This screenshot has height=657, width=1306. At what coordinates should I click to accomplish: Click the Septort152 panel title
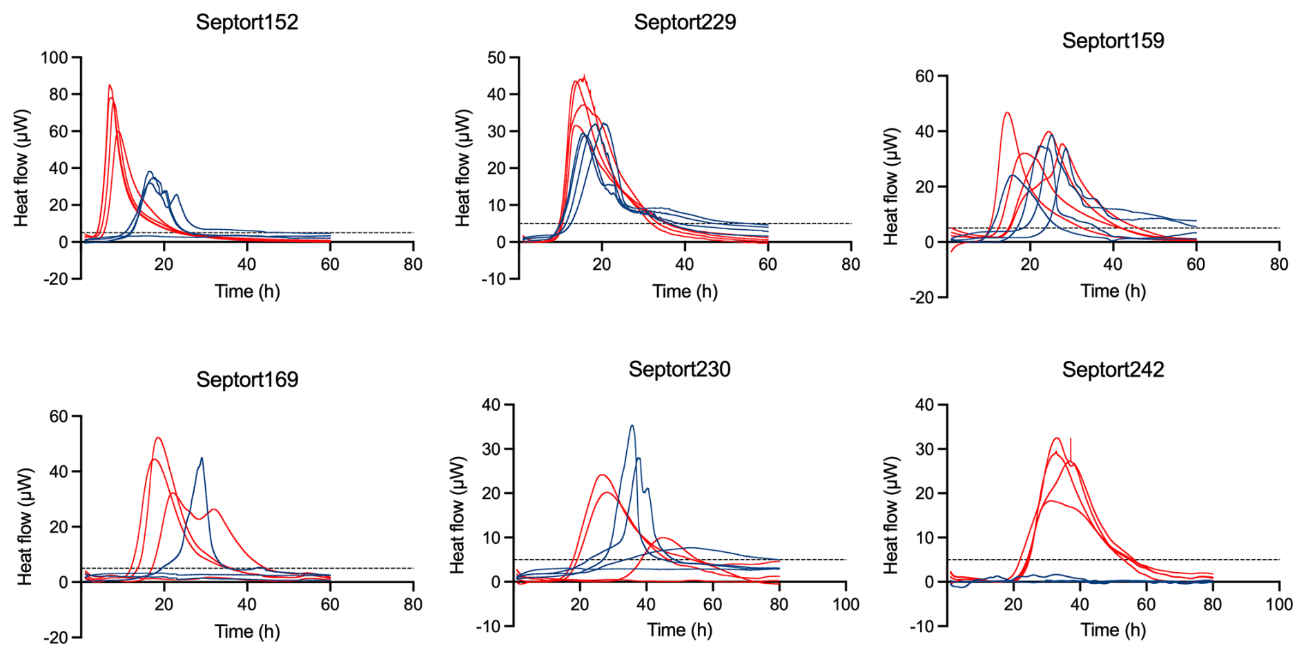pyautogui.click(x=247, y=22)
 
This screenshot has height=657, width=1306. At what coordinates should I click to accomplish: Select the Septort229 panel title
pyautogui.click(x=685, y=22)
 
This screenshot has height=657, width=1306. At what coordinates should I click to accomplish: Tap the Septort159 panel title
pyautogui.click(x=1113, y=41)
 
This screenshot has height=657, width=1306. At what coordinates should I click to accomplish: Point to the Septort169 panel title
pyautogui.click(x=247, y=380)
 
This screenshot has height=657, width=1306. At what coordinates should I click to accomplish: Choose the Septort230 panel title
pyautogui.click(x=679, y=369)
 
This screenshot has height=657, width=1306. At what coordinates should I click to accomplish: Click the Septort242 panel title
pyautogui.click(x=1113, y=369)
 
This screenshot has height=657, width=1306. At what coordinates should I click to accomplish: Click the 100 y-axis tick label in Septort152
pyautogui.click(x=55, y=57)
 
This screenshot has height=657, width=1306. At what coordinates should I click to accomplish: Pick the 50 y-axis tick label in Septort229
pyautogui.click(x=496, y=57)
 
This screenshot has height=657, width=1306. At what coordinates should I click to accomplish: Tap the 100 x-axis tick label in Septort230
pyautogui.click(x=846, y=605)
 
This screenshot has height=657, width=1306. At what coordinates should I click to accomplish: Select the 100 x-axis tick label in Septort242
pyautogui.click(x=1279, y=605)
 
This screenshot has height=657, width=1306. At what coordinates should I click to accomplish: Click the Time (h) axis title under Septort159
pyautogui.click(x=1113, y=291)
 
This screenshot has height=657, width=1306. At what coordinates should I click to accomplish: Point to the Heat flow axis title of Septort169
pyautogui.click(x=26, y=527)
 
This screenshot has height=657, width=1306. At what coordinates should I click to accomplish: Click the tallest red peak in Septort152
pyautogui.click(x=109, y=86)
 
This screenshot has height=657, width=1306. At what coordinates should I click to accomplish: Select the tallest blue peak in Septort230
pyautogui.click(x=632, y=426)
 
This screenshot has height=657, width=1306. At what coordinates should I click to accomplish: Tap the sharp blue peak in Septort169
pyautogui.click(x=202, y=458)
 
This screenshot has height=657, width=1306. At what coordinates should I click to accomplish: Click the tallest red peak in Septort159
pyautogui.click(x=1007, y=112)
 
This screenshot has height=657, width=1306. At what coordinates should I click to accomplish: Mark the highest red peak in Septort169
pyautogui.click(x=158, y=438)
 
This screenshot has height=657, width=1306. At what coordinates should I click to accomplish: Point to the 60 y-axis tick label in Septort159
pyautogui.click(x=924, y=76)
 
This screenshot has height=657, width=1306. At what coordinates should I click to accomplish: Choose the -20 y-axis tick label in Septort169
pyautogui.click(x=55, y=638)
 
